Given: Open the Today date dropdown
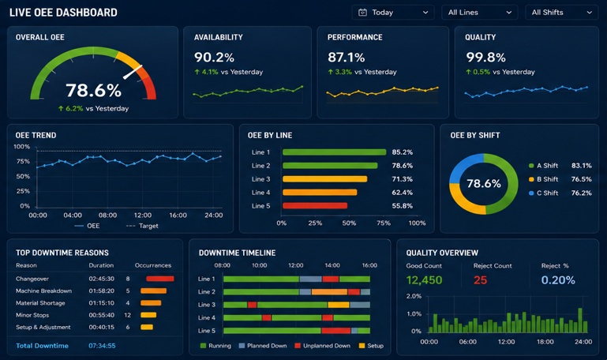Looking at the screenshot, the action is [393, 13].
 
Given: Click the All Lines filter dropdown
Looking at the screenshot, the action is [479, 13].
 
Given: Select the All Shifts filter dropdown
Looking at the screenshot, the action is [561, 13].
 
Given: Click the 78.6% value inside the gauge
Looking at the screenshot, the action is [94, 90].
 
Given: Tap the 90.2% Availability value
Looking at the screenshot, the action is [214, 58].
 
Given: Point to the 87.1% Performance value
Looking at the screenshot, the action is [346, 58].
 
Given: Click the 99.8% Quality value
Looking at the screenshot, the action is [485, 58].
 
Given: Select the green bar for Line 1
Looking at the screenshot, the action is [335, 152].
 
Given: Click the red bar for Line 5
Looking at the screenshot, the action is [315, 205].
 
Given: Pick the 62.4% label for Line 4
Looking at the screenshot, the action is [403, 193].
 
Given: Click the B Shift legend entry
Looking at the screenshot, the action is [544, 179].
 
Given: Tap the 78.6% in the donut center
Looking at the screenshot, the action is [484, 183].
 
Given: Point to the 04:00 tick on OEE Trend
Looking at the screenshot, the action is [73, 216].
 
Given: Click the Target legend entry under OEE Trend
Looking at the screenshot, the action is [142, 226].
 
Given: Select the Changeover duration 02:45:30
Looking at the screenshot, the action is [101, 279].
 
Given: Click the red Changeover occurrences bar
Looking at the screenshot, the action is [160, 279].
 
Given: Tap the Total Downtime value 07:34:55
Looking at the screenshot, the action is [102, 346].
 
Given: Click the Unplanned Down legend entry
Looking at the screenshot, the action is [323, 346].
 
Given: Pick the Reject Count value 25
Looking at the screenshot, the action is [481, 280].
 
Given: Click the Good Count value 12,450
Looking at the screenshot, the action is [425, 280].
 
